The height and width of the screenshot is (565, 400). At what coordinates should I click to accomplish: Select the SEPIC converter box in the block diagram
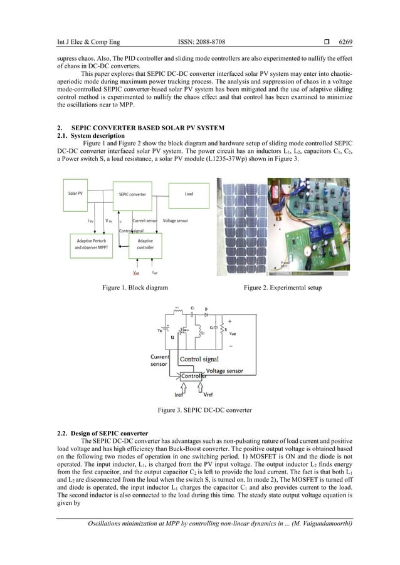coord(132,194)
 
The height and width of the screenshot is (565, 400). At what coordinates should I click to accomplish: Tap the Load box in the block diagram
coord(188,194)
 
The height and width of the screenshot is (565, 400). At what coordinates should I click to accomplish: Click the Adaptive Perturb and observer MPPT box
coord(92,244)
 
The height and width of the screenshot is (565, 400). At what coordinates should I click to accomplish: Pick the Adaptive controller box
coord(145,244)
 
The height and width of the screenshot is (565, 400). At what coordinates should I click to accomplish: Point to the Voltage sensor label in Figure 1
coord(175,220)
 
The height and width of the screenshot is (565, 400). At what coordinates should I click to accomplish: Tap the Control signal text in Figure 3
coord(199,359)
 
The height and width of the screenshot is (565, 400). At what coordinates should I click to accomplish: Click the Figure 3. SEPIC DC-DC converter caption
coord(200,410)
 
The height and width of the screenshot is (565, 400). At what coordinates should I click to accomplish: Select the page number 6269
coord(345,42)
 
